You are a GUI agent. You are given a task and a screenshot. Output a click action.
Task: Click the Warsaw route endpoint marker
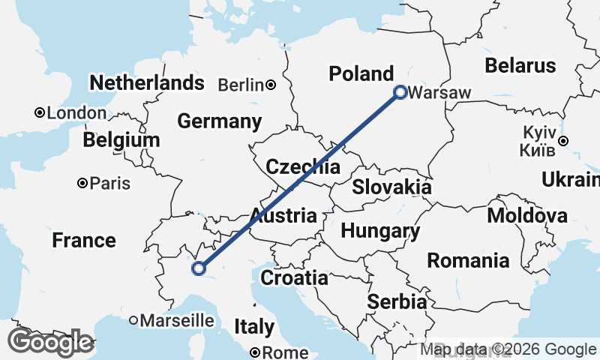tap(400, 93)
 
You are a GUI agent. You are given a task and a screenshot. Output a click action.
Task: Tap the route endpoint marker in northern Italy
tap(199, 268)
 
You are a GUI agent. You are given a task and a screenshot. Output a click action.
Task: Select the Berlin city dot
tap(270, 85)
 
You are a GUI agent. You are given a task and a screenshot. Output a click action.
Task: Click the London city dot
tap(39, 113)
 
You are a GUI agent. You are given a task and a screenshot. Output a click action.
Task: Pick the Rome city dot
tap(255, 352)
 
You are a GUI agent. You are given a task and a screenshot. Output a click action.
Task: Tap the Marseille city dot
tap(133, 320)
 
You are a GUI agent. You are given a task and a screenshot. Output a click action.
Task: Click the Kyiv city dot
tap(562, 140)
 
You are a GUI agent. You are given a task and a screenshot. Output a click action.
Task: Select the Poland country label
tap(362, 73)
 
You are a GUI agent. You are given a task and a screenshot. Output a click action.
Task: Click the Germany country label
tap(220, 121)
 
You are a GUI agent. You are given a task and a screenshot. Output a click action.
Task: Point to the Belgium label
tap(121, 140)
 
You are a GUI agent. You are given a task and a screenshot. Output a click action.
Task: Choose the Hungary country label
tap(380, 230)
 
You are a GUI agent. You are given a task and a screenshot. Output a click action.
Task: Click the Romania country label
tap(468, 261)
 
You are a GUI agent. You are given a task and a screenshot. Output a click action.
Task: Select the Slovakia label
tap(391, 187)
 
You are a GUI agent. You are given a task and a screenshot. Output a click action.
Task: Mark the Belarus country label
tap(520, 65)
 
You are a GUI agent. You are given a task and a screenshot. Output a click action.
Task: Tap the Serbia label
tap(397, 301)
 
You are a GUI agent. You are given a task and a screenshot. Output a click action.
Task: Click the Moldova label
tap(527, 216)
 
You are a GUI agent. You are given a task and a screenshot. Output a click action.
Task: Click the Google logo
tap(50, 342)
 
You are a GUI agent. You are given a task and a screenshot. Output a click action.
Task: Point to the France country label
tap(84, 241)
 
